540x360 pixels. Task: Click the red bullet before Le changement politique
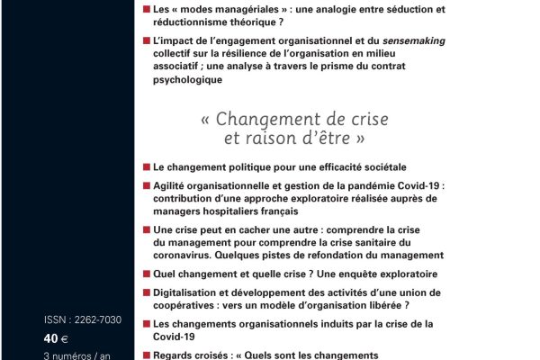tap(146, 166)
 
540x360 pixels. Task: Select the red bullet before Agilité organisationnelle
tap(146, 185)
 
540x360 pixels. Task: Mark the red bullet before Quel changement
tap(146, 273)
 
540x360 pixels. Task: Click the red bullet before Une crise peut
tap(146, 229)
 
